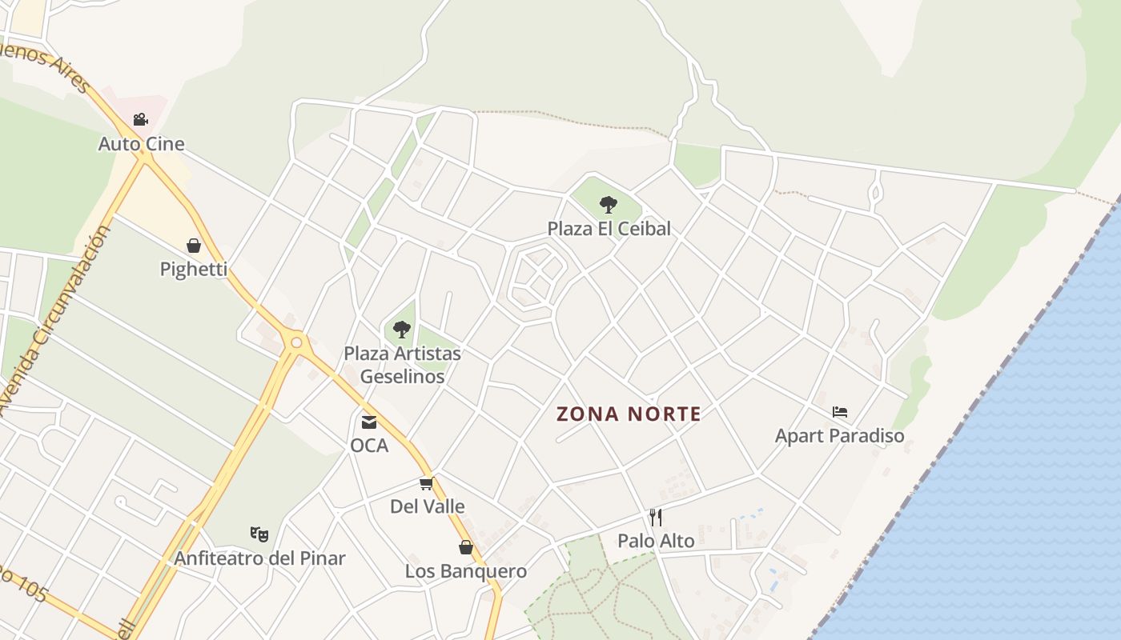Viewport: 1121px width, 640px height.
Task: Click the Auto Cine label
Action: coord(141,144)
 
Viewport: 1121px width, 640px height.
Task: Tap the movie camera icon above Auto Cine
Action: coord(140,120)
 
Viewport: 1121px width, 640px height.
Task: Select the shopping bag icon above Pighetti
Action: coord(194,246)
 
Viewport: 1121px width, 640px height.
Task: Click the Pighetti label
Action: coord(194,270)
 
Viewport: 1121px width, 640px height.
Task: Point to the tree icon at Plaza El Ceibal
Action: coord(609,205)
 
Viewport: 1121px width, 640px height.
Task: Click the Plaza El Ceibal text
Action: coord(609,229)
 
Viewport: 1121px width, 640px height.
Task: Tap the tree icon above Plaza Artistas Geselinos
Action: coord(402,329)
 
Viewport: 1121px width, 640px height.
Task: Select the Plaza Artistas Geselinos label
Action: coord(402,365)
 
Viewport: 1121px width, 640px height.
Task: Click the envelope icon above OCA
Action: coord(369,422)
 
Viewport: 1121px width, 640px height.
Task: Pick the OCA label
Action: coord(369,446)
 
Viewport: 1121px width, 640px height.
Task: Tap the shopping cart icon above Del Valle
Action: coord(427,483)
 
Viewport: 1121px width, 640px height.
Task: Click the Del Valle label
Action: coord(427,506)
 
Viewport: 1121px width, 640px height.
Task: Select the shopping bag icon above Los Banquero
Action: coord(466,547)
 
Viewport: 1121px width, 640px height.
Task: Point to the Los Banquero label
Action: coord(466,571)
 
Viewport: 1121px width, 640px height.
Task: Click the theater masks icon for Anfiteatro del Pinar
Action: coord(259,533)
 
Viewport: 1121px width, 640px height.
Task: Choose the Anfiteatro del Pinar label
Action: coord(259,558)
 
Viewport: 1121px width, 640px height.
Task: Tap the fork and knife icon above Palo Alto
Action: coord(656,517)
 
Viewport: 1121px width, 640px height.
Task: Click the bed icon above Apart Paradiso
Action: coord(839,412)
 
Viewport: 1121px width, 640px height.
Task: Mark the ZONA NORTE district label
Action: coord(629,414)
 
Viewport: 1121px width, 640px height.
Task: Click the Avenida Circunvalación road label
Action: coord(55,320)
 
